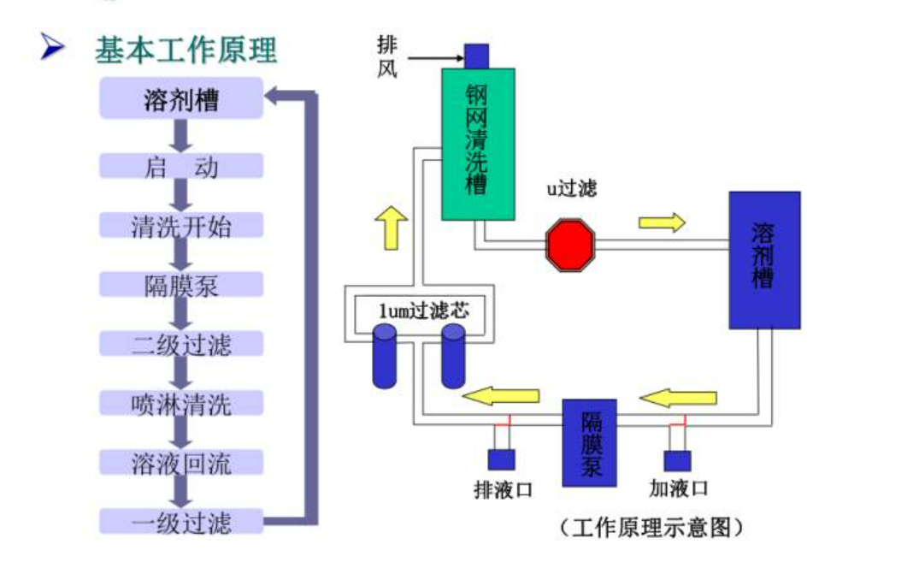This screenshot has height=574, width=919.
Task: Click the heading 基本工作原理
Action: (x=186, y=50)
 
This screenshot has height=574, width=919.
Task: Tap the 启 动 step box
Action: (x=180, y=166)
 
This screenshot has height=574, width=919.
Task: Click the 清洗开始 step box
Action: (x=180, y=226)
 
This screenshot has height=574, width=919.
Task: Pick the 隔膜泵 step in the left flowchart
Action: (x=180, y=285)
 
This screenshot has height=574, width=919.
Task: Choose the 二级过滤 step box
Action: (x=180, y=344)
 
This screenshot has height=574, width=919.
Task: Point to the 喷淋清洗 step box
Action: (x=180, y=403)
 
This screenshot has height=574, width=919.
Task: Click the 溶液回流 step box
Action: (x=180, y=462)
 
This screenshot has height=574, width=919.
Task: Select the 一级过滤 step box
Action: (x=180, y=521)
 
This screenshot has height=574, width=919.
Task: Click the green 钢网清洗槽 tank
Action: (x=478, y=144)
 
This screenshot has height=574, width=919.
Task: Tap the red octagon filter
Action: (x=570, y=245)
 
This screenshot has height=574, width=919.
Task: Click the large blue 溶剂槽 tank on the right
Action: (x=764, y=260)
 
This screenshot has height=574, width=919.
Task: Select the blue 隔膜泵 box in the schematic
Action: (x=589, y=442)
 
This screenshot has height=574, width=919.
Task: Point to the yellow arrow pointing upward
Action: (x=391, y=228)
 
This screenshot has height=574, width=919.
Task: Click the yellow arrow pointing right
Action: (x=662, y=222)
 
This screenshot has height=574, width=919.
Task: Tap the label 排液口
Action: (x=504, y=489)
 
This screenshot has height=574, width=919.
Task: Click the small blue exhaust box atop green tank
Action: (x=476, y=56)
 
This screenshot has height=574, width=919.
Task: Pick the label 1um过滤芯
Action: (x=424, y=310)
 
